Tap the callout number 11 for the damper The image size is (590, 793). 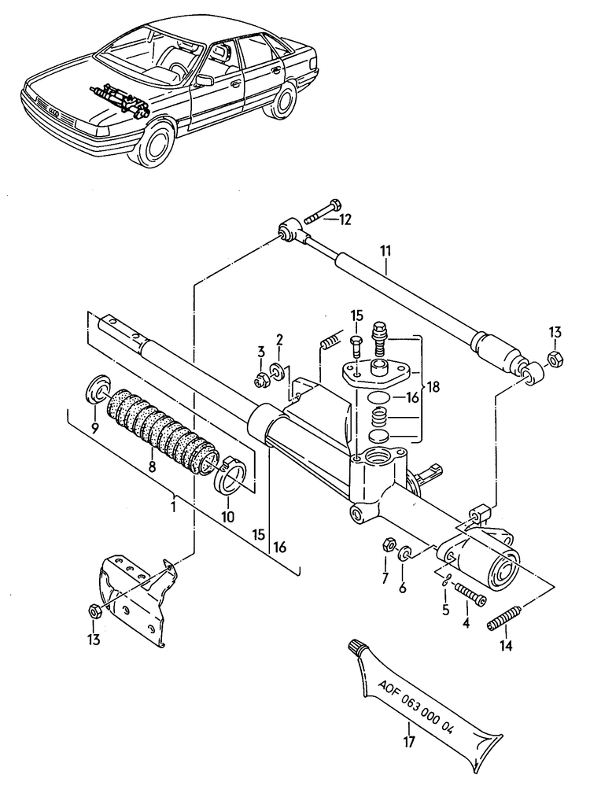point(385,253)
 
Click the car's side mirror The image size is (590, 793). point(205,79)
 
